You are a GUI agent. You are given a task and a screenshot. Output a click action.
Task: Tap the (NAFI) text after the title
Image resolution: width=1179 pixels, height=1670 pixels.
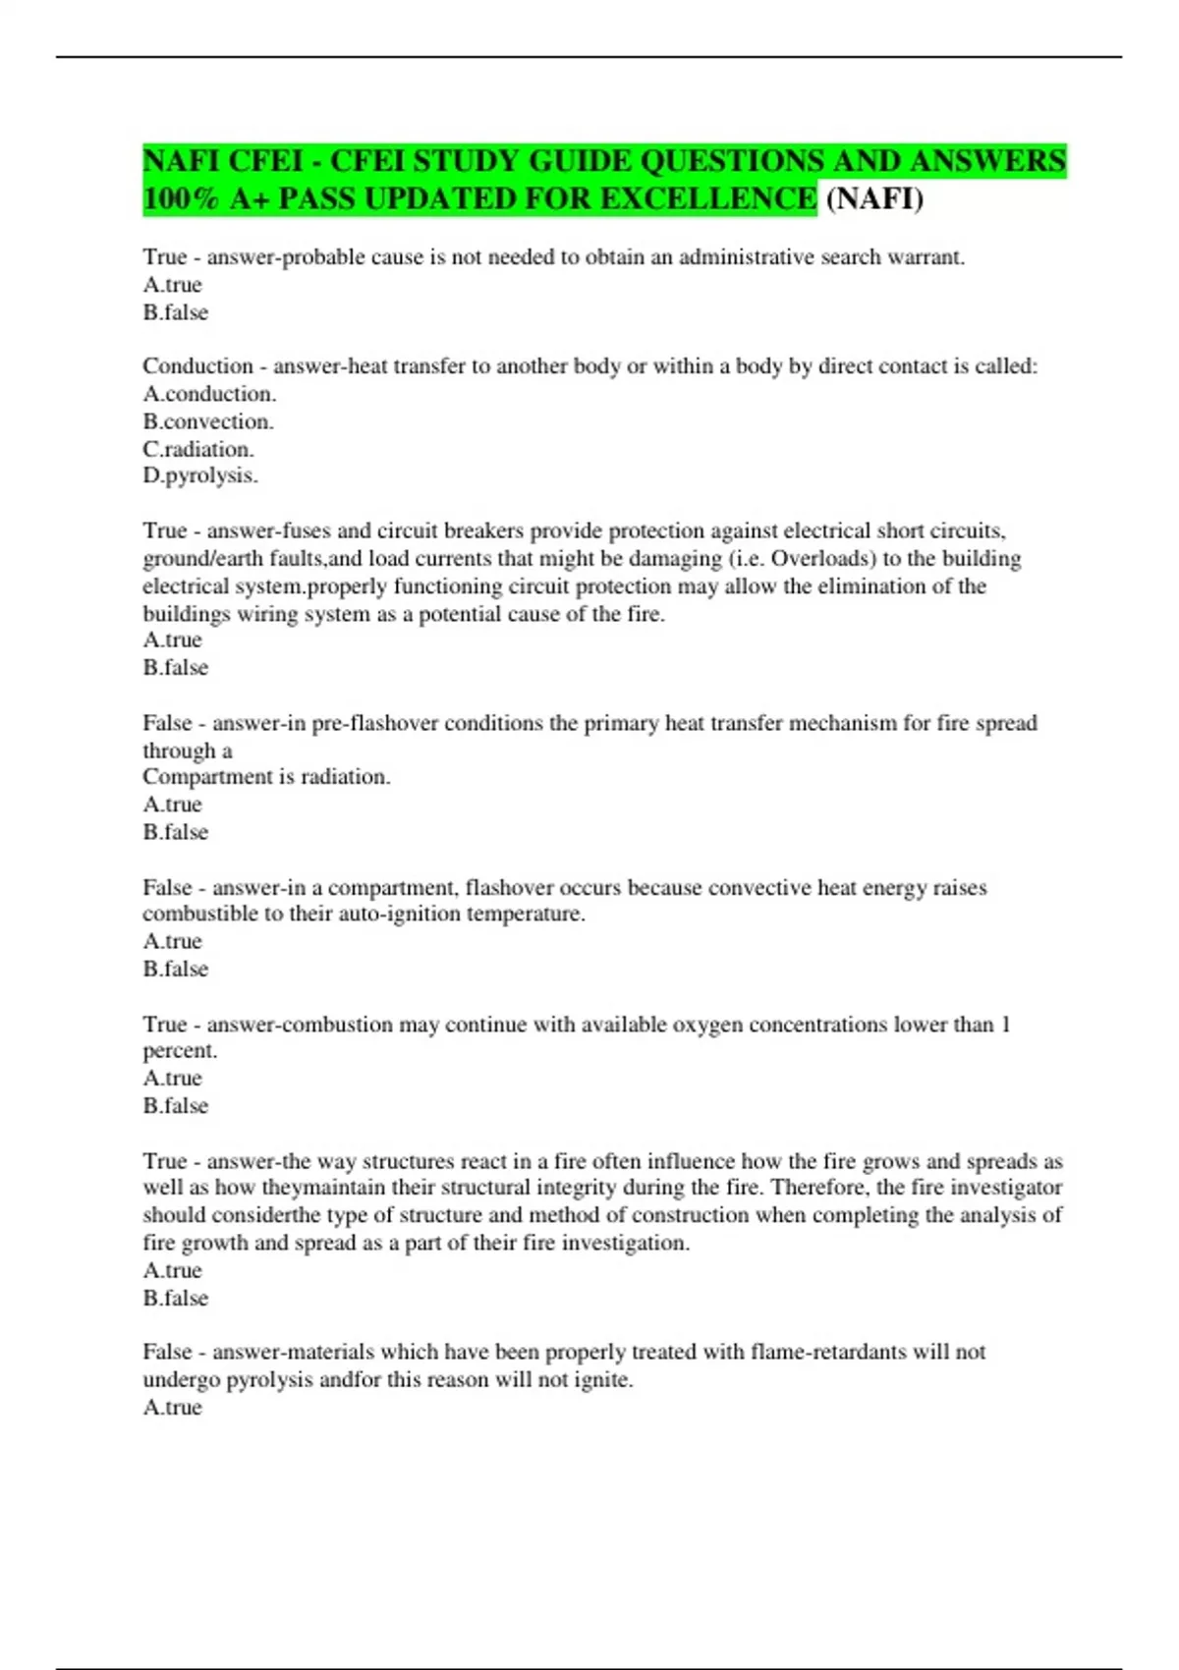click(x=874, y=198)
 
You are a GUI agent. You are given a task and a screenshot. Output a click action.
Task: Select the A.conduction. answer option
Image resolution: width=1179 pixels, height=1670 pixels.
click(x=209, y=394)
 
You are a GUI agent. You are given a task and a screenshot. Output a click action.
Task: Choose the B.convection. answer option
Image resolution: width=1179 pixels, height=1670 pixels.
click(x=208, y=421)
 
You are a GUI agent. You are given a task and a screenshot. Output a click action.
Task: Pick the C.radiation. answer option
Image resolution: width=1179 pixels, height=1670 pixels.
click(x=198, y=449)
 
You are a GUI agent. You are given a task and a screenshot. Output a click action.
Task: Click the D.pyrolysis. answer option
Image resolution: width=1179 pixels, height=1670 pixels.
click(x=200, y=475)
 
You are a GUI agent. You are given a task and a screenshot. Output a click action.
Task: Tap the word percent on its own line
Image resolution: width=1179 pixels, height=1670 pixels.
click(x=180, y=1051)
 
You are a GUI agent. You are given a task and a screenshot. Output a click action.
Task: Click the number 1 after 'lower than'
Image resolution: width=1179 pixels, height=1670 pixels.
click(x=1005, y=1025)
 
